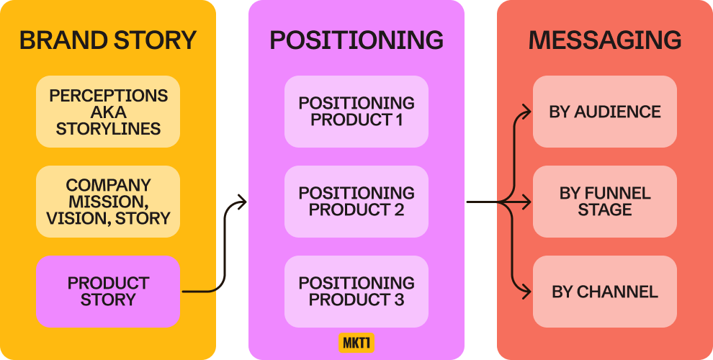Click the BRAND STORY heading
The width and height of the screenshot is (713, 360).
tap(108, 40)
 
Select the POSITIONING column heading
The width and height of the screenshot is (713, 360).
tap(356, 40)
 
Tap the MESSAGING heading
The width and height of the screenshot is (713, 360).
tap(605, 40)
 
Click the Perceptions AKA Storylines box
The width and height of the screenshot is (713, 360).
tap(108, 112)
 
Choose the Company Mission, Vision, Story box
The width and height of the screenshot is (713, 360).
tap(108, 202)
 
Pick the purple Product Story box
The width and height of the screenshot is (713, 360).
tap(108, 291)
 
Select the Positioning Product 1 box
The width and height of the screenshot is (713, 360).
tap(356, 112)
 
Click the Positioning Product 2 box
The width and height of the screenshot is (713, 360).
tap(356, 202)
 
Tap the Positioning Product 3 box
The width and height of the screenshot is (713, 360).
tap(356, 291)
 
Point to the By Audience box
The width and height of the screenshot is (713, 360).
tap(605, 112)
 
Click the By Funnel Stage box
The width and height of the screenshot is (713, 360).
tap(605, 202)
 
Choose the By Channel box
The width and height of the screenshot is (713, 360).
tap(605, 292)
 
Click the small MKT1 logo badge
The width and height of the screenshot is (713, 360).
tap(356, 342)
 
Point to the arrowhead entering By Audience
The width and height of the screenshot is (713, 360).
tap(527, 112)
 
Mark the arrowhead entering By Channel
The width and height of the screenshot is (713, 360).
tap(527, 292)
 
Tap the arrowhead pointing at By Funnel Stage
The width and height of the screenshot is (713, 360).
tap(527, 202)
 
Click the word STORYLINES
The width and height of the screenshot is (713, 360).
tap(108, 130)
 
